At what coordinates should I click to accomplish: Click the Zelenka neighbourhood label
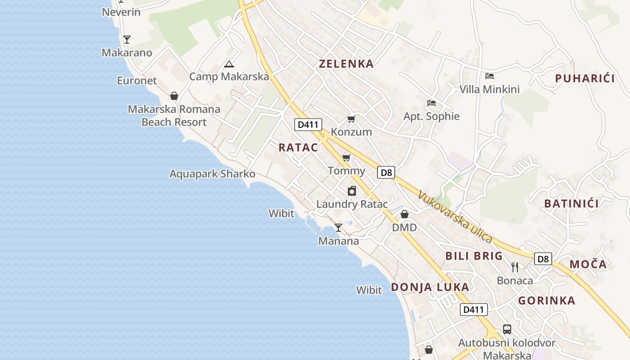(346, 64)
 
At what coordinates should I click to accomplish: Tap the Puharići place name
(585, 79)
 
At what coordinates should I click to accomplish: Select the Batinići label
(571, 204)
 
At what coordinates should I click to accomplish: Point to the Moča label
(588, 264)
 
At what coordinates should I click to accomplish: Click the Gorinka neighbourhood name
(546, 301)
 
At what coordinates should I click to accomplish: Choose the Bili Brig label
(473, 256)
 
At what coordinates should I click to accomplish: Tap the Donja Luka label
(430, 287)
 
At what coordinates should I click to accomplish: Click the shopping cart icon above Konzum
(351, 119)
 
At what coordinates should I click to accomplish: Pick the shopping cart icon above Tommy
(346, 157)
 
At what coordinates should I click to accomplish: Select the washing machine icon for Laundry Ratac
(352, 191)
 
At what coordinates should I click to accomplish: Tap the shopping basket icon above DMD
(404, 214)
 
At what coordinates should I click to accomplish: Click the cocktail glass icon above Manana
(338, 228)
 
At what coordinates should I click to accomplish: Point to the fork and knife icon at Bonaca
(515, 267)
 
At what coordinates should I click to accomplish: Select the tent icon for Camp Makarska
(229, 64)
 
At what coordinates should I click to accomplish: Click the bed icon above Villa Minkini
(490, 76)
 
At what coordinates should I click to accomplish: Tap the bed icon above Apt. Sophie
(431, 103)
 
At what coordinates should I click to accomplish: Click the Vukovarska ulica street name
(454, 217)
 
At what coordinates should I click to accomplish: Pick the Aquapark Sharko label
(212, 174)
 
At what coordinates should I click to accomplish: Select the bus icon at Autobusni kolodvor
(507, 329)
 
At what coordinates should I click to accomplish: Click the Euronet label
(137, 81)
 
